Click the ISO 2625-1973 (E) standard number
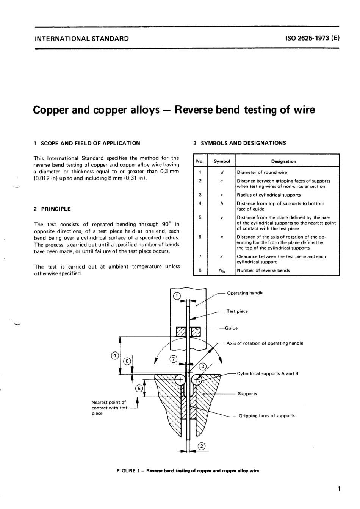(x=313, y=38)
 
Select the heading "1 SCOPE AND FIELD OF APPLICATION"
(x=87, y=143)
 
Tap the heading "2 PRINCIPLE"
(x=52, y=209)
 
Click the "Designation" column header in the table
(x=283, y=161)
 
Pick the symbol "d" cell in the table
(x=222, y=172)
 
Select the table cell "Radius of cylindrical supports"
(x=269, y=195)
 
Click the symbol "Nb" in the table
(x=222, y=270)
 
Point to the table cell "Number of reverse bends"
(x=263, y=270)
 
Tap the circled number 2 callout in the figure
(x=202, y=446)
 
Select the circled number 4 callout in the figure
(x=114, y=355)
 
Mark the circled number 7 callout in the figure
(x=173, y=359)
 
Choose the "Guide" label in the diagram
(x=232, y=328)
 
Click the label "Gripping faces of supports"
(x=266, y=416)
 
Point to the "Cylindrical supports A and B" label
(x=268, y=373)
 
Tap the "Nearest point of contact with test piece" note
(x=109, y=408)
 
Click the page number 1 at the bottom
(x=339, y=489)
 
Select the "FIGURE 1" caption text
(x=188, y=471)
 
